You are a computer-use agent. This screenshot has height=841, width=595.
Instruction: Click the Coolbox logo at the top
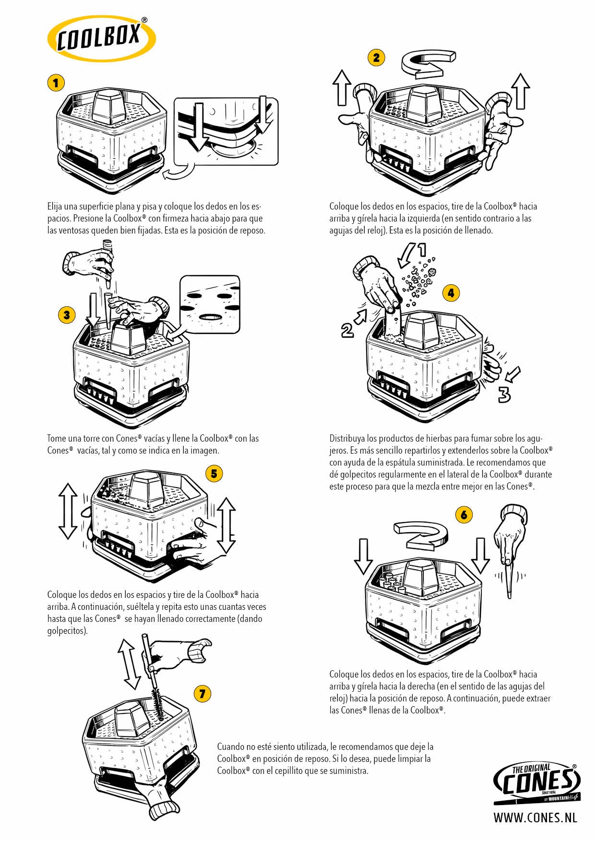point(101,38)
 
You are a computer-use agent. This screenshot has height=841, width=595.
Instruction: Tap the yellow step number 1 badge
point(56,83)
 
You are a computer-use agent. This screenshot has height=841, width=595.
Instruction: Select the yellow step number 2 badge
point(376,58)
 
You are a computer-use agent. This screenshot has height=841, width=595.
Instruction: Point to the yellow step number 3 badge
point(67,315)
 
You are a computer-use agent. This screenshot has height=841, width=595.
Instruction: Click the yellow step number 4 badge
point(451,292)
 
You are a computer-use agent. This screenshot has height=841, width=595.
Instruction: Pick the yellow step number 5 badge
point(214,474)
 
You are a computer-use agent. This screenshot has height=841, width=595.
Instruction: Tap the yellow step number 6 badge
point(464,515)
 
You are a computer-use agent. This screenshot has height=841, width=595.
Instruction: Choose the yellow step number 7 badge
point(202,693)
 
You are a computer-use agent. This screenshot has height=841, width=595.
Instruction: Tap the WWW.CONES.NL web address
point(535,818)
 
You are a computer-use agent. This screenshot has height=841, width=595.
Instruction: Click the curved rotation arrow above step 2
point(428,64)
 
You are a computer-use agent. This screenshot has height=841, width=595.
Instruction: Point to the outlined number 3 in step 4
point(504,394)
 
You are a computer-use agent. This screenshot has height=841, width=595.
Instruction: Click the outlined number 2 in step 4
point(347,330)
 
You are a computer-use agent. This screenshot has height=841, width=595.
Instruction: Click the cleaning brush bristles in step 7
point(158,703)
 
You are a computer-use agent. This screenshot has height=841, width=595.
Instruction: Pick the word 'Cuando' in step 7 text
point(231,747)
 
